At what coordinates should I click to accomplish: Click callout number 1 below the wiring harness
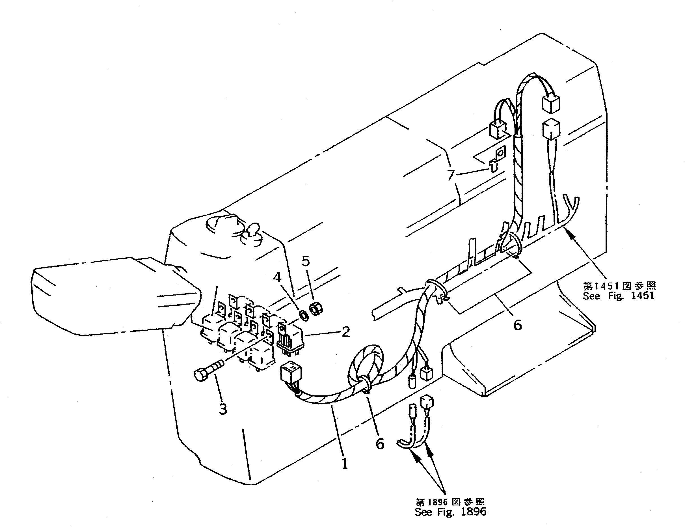[x=344, y=463]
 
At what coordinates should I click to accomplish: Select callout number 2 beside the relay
[x=346, y=332]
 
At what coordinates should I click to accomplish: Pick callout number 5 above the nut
[x=306, y=261]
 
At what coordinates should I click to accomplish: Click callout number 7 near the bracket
[x=451, y=175]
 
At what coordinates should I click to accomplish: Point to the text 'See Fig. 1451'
[x=619, y=296]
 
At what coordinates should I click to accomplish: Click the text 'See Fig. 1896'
[x=450, y=512]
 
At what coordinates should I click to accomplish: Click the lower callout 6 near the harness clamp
[x=379, y=444]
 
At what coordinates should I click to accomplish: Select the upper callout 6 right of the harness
[x=518, y=325]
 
